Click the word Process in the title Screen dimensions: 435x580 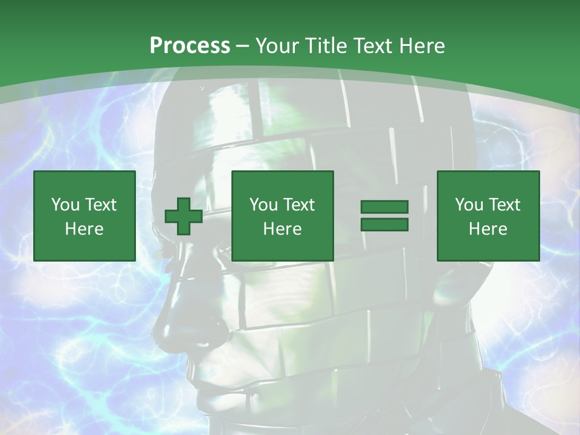click(x=190, y=46)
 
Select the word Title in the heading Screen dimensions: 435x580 click(x=327, y=46)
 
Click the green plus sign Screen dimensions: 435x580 click(x=184, y=216)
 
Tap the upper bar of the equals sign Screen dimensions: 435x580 click(x=384, y=207)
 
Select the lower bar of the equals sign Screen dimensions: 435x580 click(x=384, y=224)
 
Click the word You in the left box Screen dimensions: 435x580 click(x=65, y=205)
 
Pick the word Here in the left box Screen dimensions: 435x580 click(x=84, y=229)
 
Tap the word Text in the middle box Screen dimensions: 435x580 click(x=298, y=205)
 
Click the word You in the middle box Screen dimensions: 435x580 click(x=263, y=205)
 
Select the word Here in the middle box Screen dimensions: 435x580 click(x=282, y=229)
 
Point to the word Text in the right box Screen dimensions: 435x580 click(x=504, y=205)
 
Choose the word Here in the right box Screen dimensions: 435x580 click(x=488, y=229)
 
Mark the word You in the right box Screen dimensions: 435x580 click(x=469, y=205)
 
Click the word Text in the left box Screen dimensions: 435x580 click(x=100, y=205)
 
